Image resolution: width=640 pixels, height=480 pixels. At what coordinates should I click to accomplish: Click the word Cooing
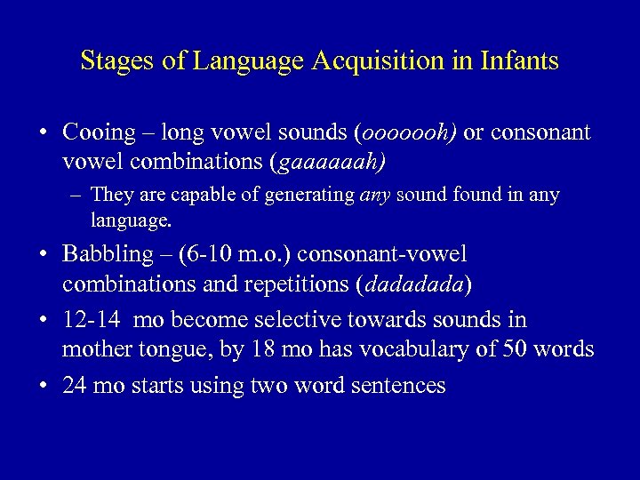[x=97, y=132]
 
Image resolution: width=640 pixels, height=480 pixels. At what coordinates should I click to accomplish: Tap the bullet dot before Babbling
[x=42, y=255]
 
